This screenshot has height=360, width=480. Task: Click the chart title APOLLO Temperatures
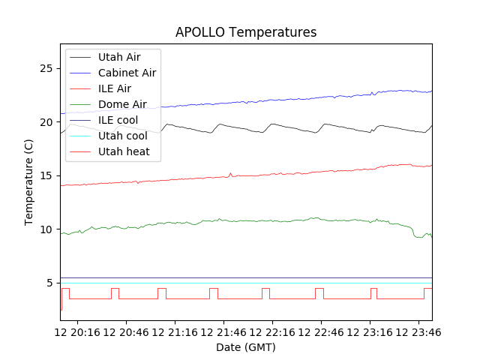coord(246,32)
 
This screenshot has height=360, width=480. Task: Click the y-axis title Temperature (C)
coord(29,182)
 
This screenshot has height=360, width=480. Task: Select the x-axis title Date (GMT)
coord(246,347)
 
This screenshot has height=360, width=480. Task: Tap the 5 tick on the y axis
coord(52,283)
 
